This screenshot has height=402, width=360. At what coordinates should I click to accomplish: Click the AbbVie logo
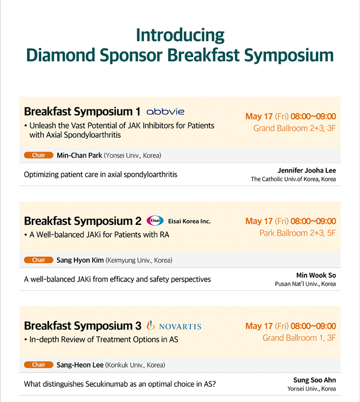coord(166,111)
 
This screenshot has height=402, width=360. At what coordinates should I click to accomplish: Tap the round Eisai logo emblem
coord(155,221)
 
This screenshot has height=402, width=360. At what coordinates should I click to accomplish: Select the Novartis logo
coord(174,326)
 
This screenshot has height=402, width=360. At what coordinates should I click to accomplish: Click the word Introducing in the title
coord(180,35)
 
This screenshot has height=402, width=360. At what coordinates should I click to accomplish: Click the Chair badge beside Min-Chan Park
coord(38,155)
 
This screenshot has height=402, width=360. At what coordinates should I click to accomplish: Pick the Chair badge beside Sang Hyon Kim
coord(38,260)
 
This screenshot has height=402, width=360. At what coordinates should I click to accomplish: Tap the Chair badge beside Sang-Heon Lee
coord(38,365)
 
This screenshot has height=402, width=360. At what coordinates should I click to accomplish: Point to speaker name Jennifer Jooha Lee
coord(307,170)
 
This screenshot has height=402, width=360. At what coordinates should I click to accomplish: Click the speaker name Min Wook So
coord(316,275)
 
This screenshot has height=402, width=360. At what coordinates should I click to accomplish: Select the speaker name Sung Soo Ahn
coord(314,380)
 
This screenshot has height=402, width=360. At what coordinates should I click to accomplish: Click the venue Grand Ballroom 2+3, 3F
coord(295,128)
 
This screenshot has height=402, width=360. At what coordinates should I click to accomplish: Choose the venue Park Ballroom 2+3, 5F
coord(298,233)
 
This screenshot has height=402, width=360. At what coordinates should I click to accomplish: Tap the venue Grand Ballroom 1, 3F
coord(299,338)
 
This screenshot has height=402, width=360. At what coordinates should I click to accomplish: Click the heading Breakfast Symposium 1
coord(82,112)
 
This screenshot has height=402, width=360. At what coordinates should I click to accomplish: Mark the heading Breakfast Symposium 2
coord(83,221)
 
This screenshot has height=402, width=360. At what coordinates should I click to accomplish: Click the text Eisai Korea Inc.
coord(189,221)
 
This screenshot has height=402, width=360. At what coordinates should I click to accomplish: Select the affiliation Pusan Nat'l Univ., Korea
coord(305,284)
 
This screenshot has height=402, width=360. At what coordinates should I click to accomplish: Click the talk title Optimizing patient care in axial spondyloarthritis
coord(101,175)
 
